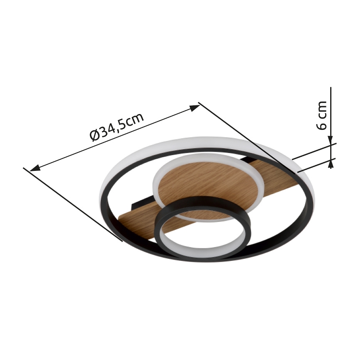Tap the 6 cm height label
coord(323,115)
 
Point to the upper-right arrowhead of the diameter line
coord(195,107)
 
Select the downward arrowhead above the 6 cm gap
coord(331,141)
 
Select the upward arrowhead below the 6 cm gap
coord(331,164)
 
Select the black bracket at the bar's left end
coord(137,204)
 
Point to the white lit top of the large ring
coord(174,143)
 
